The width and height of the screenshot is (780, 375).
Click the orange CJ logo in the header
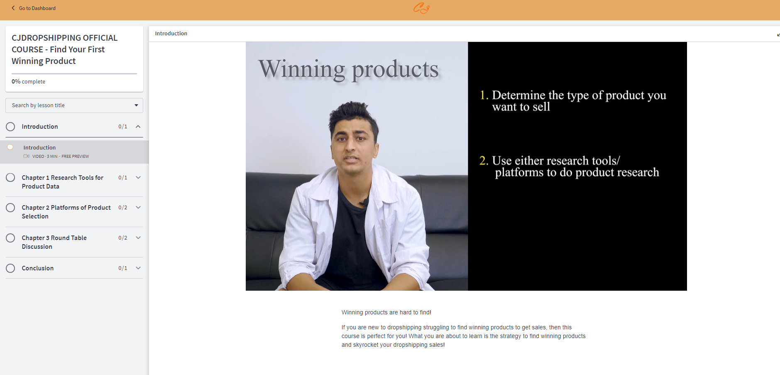(421, 8)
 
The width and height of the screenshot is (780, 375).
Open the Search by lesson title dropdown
(74, 105)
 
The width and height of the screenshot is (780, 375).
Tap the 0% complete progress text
(29, 82)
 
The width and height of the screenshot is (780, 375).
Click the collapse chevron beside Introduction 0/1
(138, 127)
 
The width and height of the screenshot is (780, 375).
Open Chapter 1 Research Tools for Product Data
(63, 182)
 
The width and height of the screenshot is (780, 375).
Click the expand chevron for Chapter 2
(138, 208)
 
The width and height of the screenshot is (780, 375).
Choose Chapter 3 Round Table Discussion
(54, 242)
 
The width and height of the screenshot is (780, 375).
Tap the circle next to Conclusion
(10, 268)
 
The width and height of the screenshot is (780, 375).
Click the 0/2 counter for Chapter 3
(123, 238)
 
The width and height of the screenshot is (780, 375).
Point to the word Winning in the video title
(302, 69)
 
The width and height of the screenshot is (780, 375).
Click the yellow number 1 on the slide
(483, 96)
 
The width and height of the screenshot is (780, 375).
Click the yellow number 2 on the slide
(484, 161)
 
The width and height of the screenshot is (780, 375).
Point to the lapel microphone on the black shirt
(365, 202)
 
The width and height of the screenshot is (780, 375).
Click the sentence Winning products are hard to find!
(386, 312)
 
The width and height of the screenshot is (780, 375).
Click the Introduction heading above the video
(171, 34)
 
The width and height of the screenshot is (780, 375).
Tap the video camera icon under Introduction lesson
(27, 156)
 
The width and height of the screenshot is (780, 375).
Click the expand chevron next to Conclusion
(138, 268)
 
